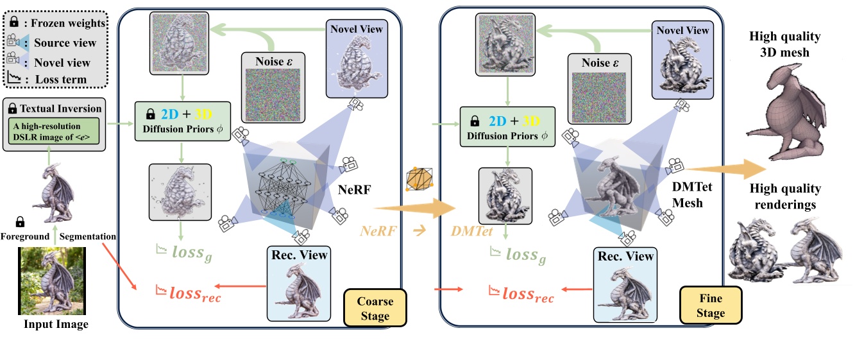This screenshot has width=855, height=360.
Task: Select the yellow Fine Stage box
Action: point(710,305)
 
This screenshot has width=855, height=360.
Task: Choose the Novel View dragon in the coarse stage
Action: point(356,63)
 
